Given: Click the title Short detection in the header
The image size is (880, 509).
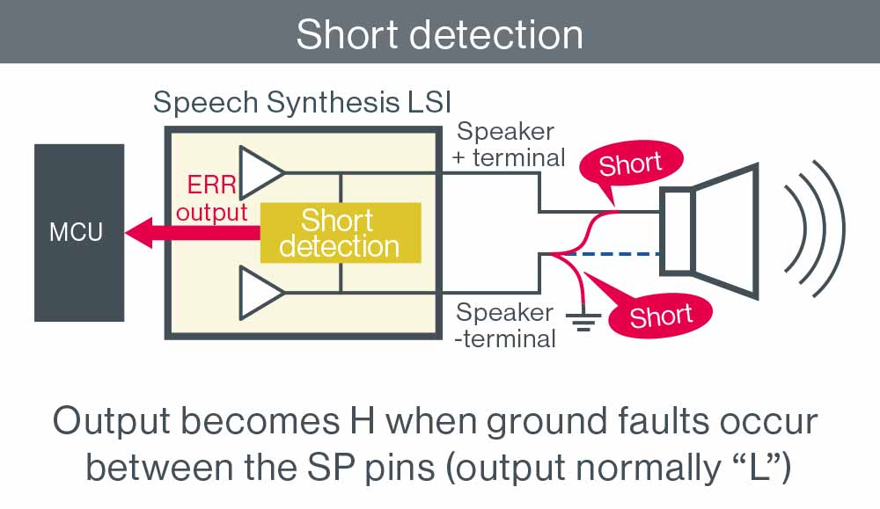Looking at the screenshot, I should point(439,33).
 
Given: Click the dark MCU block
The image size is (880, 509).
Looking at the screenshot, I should point(77,232).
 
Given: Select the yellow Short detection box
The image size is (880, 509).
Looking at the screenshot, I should point(339,233).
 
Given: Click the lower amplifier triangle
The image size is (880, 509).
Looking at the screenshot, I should point(260,291).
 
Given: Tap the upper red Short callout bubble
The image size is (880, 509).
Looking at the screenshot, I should point(630,164).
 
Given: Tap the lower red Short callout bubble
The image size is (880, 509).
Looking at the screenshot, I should point(661,314).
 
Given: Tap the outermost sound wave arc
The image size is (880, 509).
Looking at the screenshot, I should point(832,231).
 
